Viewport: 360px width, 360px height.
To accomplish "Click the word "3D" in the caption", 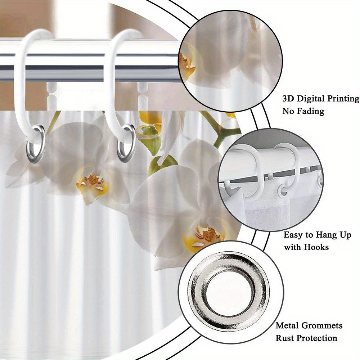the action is (288, 99).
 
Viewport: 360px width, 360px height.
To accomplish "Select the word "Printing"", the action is (343, 99).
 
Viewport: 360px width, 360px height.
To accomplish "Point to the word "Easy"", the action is (294, 235).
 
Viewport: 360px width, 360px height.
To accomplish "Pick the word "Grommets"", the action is (322, 325).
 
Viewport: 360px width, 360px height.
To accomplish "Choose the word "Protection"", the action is (317, 338).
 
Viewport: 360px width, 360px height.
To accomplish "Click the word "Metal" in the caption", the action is (287, 325).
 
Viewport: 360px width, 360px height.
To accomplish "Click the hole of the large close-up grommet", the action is (229, 292).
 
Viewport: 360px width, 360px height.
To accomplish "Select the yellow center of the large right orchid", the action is (203, 237).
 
